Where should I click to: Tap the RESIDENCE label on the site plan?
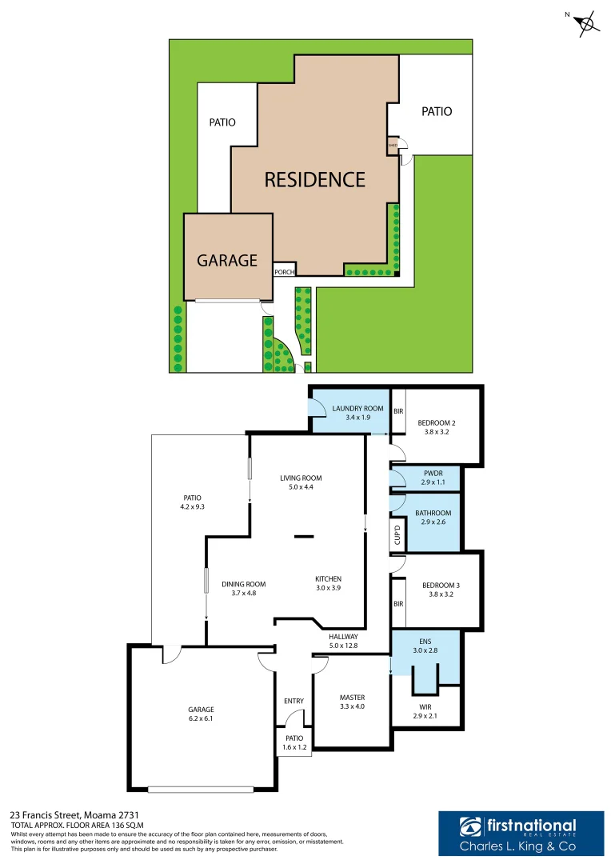tap(315, 178)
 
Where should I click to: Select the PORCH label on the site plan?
tap(285, 272)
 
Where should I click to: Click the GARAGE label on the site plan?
tap(227, 260)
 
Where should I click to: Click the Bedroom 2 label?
tap(440, 422)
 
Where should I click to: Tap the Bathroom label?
tap(433, 513)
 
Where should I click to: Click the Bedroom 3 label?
tap(440, 585)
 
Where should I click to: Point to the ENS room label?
tap(424, 641)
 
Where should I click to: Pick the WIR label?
tap(425, 706)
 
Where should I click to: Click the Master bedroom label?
tap(352, 697)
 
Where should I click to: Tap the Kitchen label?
tap(328, 578)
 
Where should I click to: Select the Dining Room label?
tap(244, 584)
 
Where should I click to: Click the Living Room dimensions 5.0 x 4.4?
tap(301, 488)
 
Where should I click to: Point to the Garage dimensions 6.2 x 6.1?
tap(202, 719)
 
